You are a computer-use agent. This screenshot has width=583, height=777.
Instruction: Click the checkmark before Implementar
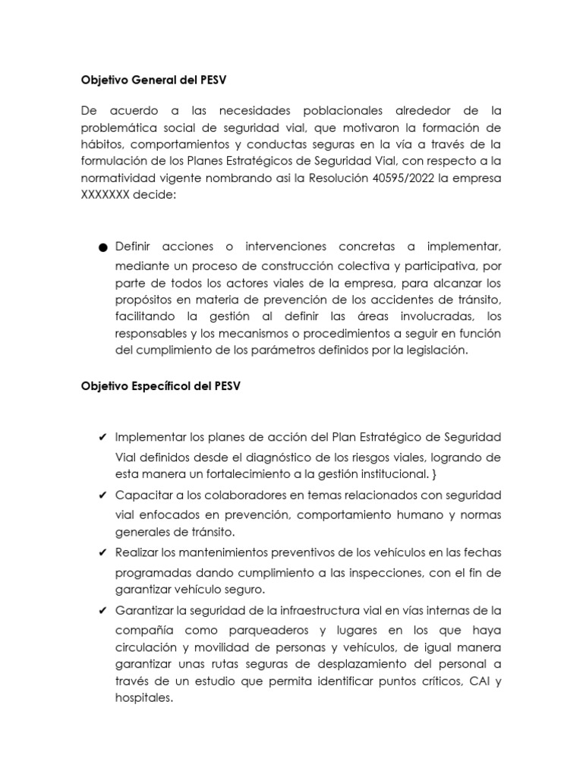102,439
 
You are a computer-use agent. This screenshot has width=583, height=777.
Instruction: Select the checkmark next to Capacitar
102,495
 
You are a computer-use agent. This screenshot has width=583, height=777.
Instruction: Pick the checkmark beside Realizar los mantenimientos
102,552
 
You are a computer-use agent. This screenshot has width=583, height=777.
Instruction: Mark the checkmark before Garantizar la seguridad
102,610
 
